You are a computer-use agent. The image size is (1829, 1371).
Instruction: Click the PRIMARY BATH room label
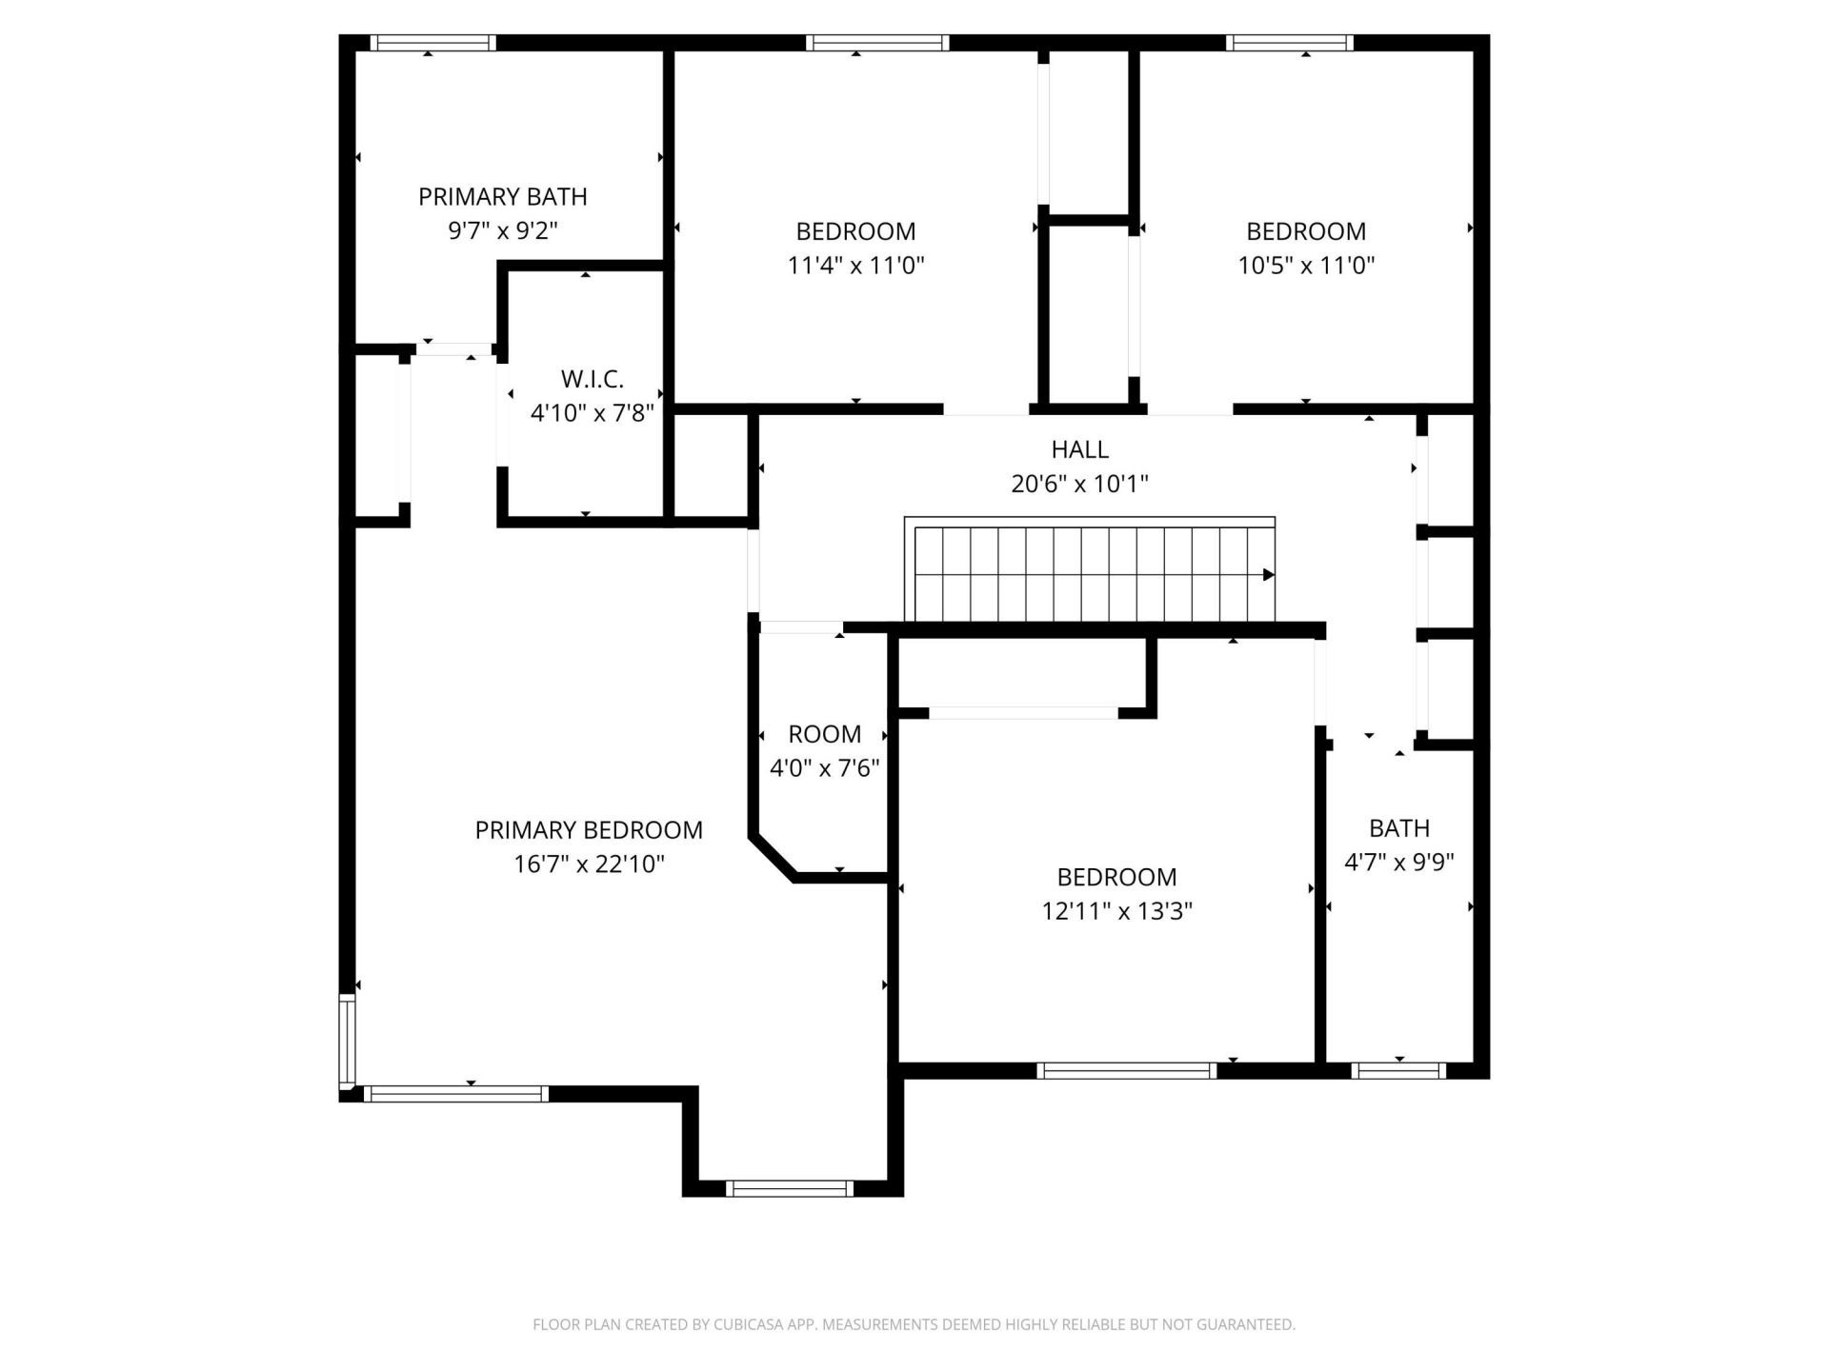point(502,197)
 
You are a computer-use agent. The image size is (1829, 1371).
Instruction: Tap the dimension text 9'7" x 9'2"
point(502,230)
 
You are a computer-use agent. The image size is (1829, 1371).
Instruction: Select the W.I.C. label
point(592,379)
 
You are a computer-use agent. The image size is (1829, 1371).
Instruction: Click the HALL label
point(1079,449)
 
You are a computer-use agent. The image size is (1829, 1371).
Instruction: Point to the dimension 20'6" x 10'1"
point(1079,484)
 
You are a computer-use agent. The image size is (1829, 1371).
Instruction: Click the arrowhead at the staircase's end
point(1268,575)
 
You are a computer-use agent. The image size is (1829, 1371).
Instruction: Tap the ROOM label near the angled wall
point(824,734)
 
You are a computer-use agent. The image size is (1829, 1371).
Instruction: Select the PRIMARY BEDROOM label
point(589,830)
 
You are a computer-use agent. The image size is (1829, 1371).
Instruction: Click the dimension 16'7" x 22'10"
point(589,864)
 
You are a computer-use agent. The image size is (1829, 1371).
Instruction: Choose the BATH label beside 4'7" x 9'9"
point(1398,828)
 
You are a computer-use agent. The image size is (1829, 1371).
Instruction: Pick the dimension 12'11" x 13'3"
point(1116,911)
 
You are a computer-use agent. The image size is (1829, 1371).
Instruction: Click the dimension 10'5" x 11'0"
point(1305,266)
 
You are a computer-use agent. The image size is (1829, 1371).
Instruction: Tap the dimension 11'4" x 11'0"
point(855,266)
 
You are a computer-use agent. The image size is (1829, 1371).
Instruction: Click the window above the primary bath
point(432,43)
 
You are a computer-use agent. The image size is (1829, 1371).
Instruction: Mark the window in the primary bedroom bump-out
point(789,1188)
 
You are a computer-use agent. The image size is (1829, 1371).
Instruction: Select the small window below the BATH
point(1398,1071)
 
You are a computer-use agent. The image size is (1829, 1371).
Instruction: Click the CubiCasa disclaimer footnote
point(914,1324)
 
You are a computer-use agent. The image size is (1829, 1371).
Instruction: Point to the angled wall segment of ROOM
point(773,857)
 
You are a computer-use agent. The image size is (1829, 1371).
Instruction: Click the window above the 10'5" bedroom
point(1289,43)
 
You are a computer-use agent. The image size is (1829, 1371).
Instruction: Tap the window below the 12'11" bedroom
point(1126,1071)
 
